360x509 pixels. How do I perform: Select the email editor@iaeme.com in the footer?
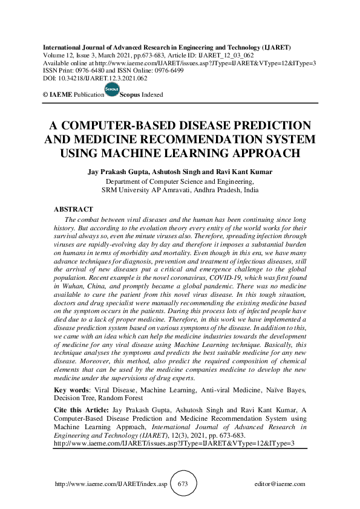280,484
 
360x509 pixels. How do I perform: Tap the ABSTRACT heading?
74,209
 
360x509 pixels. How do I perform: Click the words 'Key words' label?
70,390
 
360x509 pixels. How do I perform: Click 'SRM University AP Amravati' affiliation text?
148,189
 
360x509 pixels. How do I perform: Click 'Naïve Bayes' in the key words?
286,390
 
